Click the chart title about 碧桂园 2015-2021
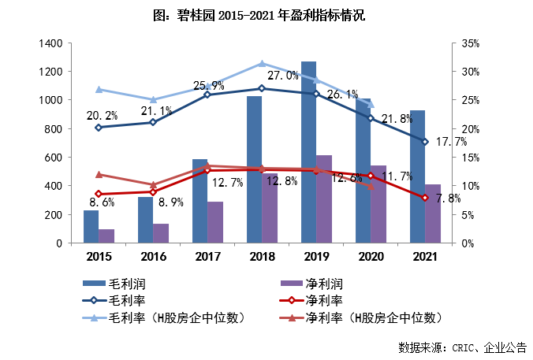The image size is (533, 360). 266,15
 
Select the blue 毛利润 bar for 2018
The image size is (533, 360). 254,169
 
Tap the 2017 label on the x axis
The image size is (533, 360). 207,256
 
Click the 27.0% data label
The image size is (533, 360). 283,76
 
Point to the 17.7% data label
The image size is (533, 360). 450,142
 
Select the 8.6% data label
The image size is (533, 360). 100,202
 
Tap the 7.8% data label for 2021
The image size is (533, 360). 448,199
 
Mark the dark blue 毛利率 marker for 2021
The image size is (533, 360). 425,142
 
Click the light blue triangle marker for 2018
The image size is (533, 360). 262,64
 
